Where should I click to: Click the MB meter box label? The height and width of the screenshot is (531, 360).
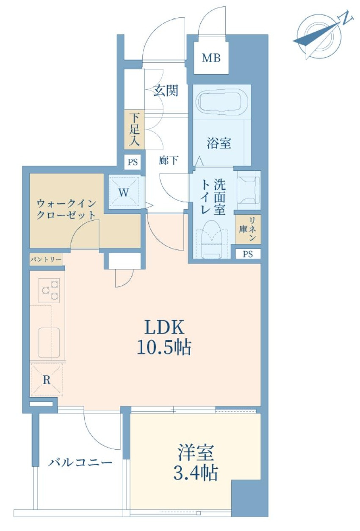[211, 58]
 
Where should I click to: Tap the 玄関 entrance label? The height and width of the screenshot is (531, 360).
[165, 91]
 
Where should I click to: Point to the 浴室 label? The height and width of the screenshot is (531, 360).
[219, 143]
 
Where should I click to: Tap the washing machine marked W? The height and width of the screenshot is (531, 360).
[124, 192]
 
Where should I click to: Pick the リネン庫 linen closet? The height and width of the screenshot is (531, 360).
[248, 229]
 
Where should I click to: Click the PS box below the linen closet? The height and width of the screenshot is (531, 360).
[248, 254]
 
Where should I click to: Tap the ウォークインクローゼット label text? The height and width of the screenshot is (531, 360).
[65, 208]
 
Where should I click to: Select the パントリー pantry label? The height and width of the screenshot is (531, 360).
[46, 259]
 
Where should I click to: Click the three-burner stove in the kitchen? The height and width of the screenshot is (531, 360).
[49, 290]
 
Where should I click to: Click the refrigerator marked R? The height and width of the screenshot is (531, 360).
[46, 380]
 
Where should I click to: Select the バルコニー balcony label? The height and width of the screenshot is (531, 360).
[80, 462]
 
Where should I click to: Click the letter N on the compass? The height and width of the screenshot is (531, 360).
[347, 18]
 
